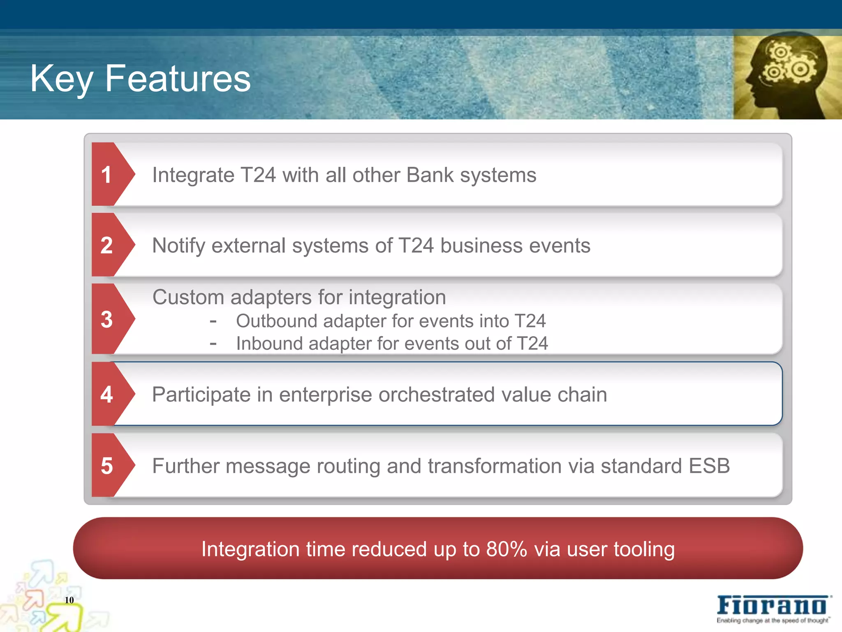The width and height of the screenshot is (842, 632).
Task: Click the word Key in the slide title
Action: coord(62,79)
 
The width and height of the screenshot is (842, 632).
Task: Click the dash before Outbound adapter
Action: coord(213,321)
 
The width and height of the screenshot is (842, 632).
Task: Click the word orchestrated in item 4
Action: coord(436,395)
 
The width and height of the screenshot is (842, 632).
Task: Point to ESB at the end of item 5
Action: coord(709,466)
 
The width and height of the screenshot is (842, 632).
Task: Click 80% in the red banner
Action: coord(507,549)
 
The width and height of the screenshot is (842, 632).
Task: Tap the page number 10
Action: coord(69,600)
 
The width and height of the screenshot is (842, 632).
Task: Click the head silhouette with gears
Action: coord(787,77)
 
